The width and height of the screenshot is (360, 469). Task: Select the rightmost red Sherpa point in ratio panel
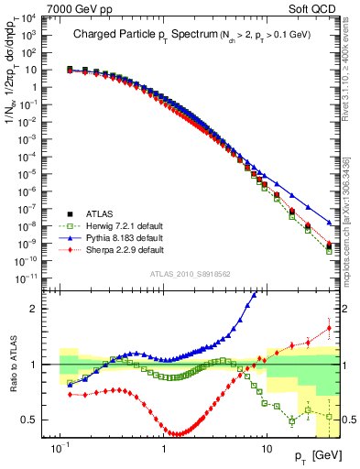329,329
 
